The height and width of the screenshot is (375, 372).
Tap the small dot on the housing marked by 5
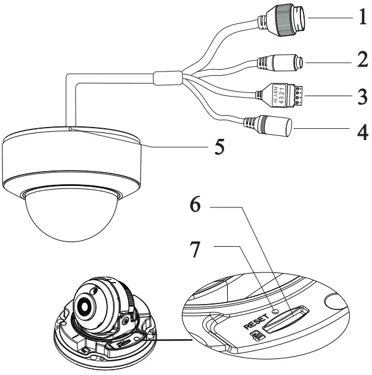pos(70,128)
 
